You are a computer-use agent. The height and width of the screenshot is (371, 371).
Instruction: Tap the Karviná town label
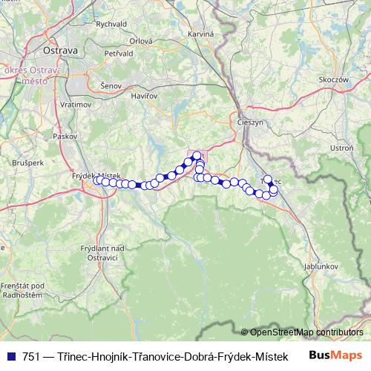201,35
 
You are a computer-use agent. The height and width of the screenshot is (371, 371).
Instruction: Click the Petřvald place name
119,54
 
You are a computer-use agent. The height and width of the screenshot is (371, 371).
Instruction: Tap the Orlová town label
140,42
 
